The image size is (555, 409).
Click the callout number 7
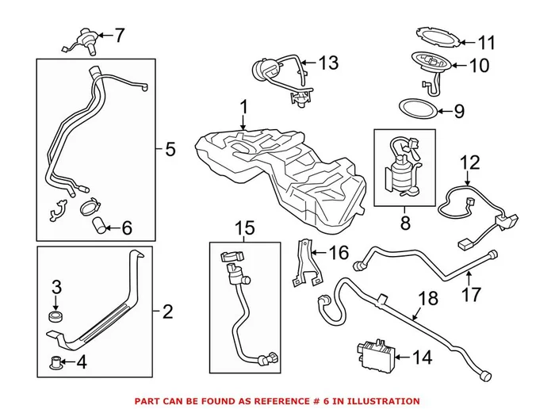(x=120, y=35)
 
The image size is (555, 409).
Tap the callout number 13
(x=328, y=61)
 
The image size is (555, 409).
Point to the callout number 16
(x=338, y=253)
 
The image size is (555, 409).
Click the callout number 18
(x=427, y=300)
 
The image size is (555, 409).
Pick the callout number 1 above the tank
(x=244, y=106)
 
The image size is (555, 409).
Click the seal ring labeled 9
(x=413, y=110)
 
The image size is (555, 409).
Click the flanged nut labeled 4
(x=54, y=365)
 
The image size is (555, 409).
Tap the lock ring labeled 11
(x=433, y=37)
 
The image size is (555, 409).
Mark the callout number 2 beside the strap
(x=166, y=312)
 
